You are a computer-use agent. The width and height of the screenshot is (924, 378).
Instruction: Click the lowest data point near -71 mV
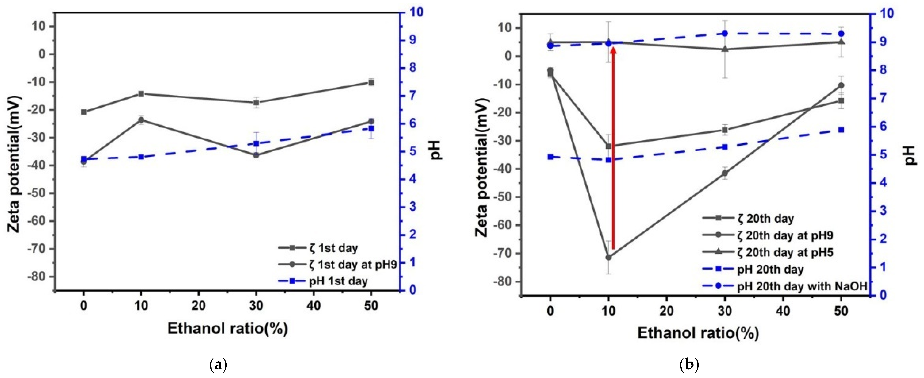point(608,257)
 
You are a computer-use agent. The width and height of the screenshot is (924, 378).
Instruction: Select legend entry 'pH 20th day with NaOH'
point(802,286)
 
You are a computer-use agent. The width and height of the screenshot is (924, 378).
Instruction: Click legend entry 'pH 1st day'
point(338,281)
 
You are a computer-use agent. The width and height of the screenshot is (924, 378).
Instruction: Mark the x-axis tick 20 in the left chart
point(198,306)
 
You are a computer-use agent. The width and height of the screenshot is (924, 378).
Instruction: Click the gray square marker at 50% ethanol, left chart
point(371,82)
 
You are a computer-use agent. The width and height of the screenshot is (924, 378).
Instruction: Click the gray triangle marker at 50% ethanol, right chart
point(841,42)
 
